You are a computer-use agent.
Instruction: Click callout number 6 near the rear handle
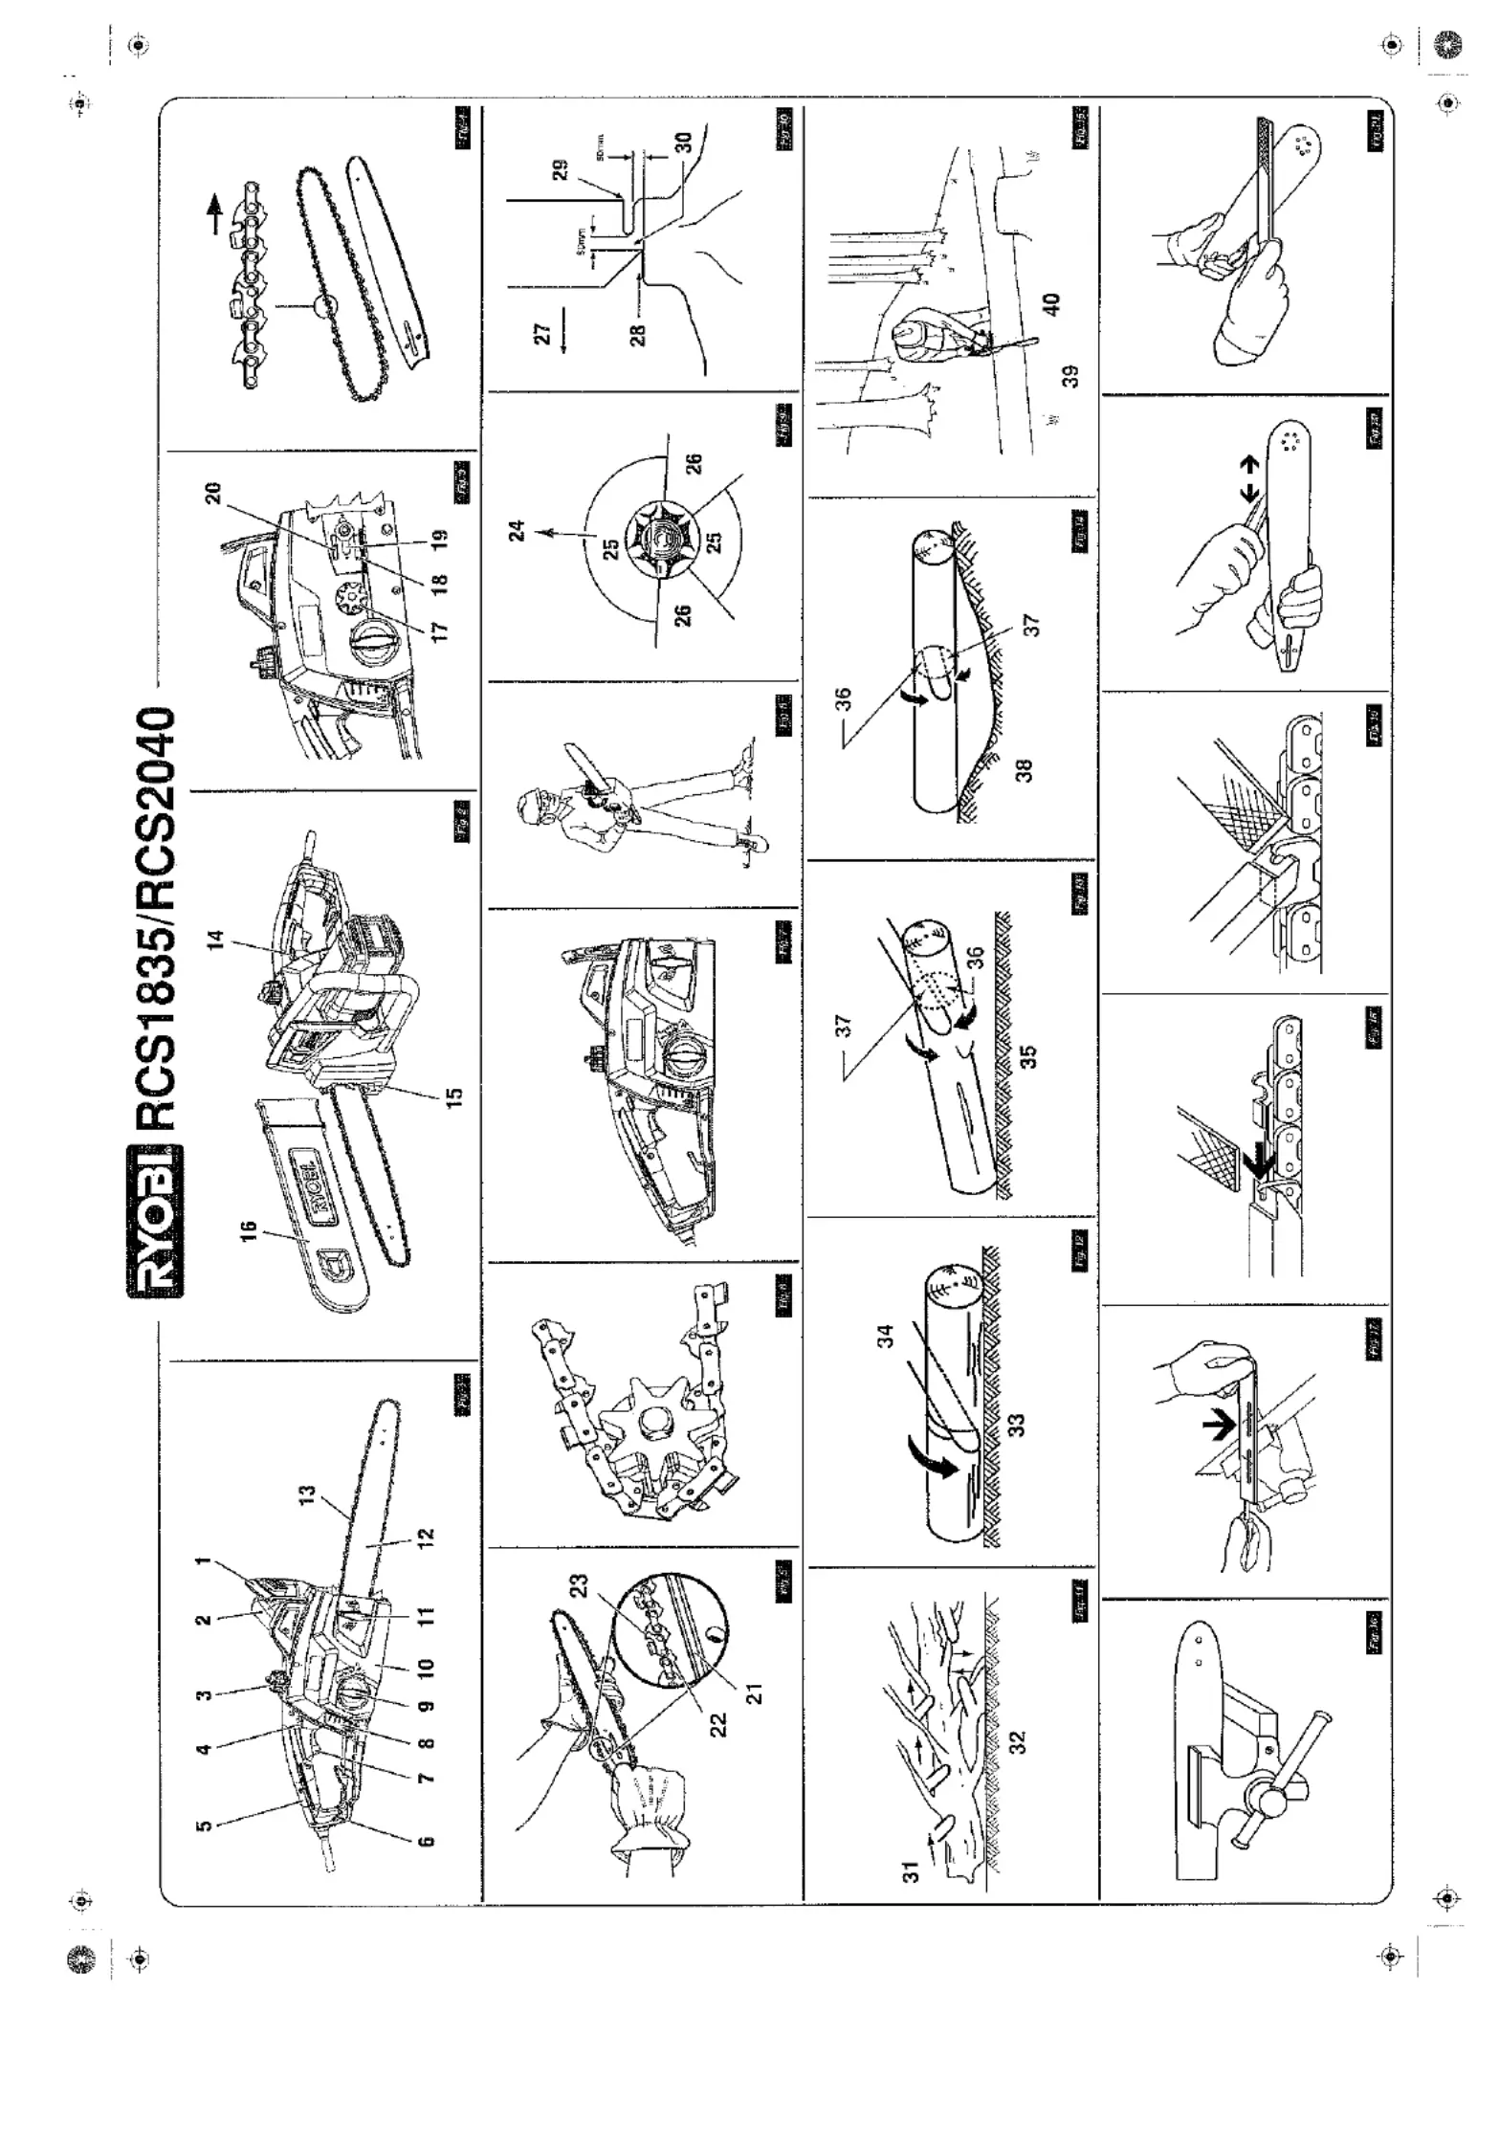point(427,1841)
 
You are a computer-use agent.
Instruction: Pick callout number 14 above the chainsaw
point(215,940)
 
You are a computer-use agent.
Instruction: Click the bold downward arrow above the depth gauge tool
point(1217,1427)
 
